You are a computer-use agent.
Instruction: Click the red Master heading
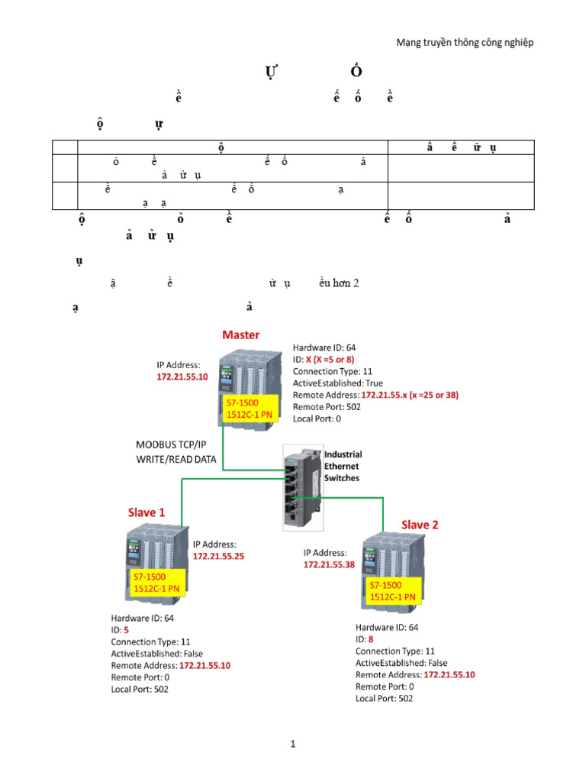point(240,334)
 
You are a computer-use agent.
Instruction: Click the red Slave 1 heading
point(146,512)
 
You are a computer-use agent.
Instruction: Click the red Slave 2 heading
point(420,525)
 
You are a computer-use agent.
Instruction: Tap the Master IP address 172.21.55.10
point(182,377)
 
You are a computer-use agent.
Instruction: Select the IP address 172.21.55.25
point(218,557)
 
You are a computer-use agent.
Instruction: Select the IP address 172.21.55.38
point(329,564)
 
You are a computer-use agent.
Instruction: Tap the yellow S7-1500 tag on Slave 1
point(156,582)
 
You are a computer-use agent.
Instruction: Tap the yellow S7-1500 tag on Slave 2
point(392,590)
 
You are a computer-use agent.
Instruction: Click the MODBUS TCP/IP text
point(171,445)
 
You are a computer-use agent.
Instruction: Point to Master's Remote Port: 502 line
point(330,407)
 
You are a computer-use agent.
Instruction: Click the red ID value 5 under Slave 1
point(126,630)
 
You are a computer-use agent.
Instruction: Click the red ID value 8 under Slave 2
point(371,639)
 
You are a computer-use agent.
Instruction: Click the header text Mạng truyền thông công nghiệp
point(465,43)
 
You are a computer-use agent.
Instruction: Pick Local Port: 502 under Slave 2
point(384,699)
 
